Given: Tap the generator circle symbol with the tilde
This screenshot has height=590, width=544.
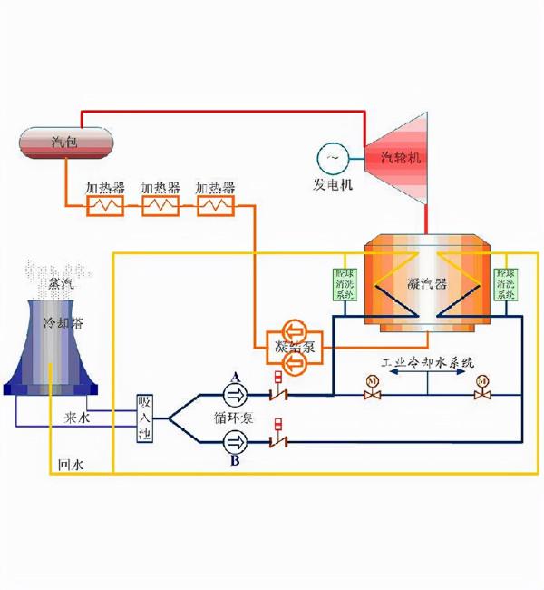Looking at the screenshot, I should (332, 160).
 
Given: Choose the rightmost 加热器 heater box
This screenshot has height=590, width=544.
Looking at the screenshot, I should (216, 206).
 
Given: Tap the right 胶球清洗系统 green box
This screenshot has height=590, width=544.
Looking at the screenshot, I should (504, 284).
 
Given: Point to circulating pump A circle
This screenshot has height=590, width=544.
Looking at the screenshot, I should (236, 394).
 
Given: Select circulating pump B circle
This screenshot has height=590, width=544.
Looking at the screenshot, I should (236, 442).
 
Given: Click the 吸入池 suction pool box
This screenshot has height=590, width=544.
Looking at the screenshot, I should (145, 418).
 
